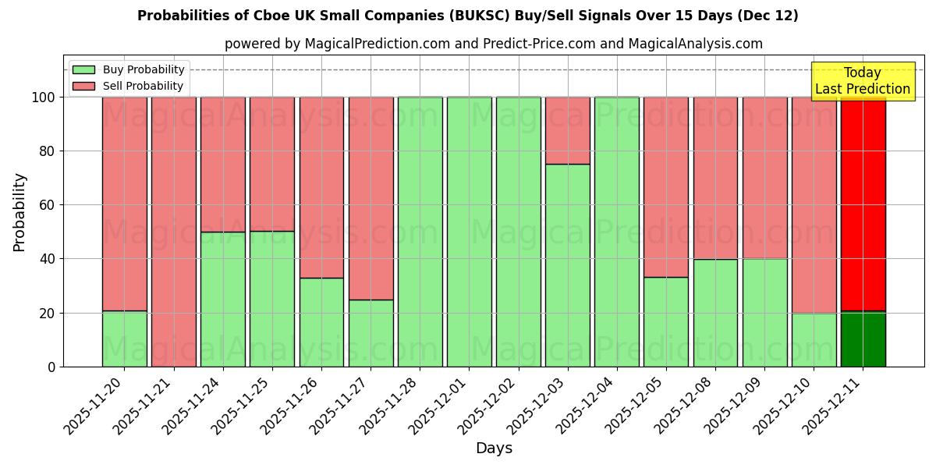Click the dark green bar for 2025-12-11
(863, 339)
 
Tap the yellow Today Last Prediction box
(862, 81)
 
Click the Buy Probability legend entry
(129, 69)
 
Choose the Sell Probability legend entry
(129, 86)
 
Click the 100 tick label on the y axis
(42, 97)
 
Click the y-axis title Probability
(19, 211)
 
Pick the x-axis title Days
(494, 448)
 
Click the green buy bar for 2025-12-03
(568, 265)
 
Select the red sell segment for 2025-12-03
(568, 130)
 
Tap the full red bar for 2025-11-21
(173, 232)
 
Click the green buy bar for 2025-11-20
(124, 339)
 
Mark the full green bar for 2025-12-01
(469, 232)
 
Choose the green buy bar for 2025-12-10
(814, 339)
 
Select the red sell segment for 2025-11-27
(370, 198)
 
